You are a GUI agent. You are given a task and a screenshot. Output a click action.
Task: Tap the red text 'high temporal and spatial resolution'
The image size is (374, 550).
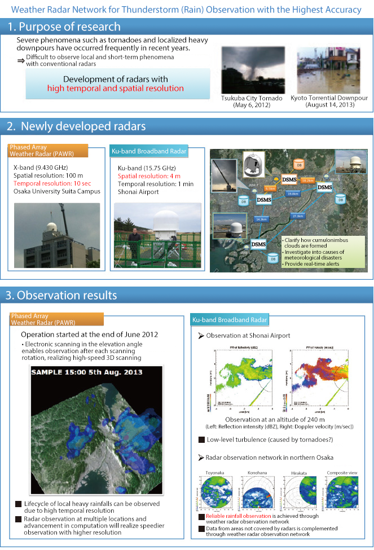(116, 89)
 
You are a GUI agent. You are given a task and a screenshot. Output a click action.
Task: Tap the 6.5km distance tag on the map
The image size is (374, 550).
(270, 188)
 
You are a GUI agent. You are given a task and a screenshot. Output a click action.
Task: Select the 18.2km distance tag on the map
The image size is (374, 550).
(307, 181)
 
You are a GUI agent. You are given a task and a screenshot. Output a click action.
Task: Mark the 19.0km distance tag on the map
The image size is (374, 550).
(292, 193)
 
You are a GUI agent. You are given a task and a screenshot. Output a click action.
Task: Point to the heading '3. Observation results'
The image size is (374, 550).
(61, 295)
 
